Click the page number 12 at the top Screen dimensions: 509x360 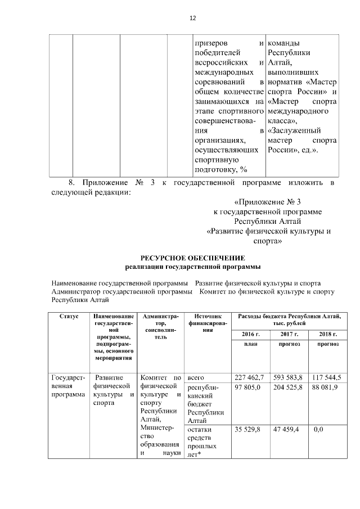click(192, 19)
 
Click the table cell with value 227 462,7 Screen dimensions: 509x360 click(248, 377)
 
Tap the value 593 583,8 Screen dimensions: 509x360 click(288, 377)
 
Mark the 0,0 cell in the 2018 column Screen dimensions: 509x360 click(318, 430)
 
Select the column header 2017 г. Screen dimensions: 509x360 click(288, 334)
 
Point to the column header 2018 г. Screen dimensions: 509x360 click(325, 334)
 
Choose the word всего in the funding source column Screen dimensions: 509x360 click(196, 377)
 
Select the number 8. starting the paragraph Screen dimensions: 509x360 click(71, 183)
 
